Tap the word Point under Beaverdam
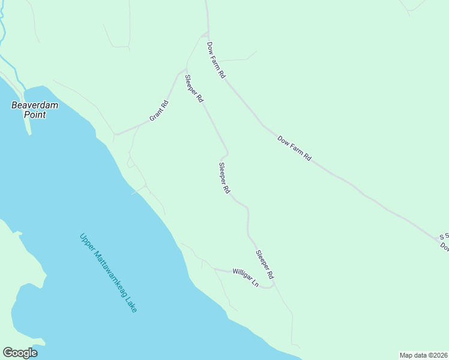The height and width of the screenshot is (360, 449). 35,114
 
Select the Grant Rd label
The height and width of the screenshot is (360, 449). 159,111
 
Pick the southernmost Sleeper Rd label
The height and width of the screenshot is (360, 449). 265,265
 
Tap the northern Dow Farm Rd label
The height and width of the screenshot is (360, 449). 215,60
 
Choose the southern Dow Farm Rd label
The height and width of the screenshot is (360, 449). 295,148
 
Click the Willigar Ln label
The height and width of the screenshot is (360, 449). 246,277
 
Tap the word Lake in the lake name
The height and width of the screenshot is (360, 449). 131,304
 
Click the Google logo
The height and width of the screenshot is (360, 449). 20,353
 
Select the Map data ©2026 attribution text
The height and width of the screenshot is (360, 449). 423,355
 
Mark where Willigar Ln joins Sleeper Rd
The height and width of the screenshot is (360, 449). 274,285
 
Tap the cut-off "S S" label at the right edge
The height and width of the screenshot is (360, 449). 444,237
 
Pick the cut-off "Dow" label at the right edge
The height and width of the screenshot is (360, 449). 444,246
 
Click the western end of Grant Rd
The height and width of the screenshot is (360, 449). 115,134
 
